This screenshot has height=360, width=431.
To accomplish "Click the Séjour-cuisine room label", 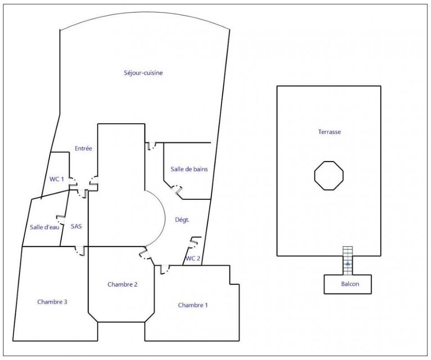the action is (143, 73).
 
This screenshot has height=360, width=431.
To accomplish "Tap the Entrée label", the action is (83, 148).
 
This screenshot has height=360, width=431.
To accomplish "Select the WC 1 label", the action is (57, 179).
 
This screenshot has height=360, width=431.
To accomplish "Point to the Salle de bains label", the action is (189, 169).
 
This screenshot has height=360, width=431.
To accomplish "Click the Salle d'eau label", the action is (45, 227).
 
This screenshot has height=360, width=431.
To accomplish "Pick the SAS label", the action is (76, 227).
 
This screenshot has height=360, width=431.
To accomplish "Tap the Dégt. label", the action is (182, 220).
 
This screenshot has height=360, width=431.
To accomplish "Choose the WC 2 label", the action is (193, 258).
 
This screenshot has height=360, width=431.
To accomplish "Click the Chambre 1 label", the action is (193, 305).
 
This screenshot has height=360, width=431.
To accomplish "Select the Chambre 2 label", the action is (122, 284).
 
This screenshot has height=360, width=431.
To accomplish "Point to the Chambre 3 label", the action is (52, 302).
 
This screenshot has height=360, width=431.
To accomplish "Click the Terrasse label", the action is (329, 132).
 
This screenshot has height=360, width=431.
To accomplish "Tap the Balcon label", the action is (350, 284).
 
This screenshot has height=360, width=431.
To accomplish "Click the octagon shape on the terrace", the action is (329, 162).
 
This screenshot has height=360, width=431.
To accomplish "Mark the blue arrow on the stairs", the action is (348, 263).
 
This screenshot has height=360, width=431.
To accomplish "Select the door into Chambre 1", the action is (164, 270).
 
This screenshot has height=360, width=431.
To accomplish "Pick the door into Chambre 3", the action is (81, 251).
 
